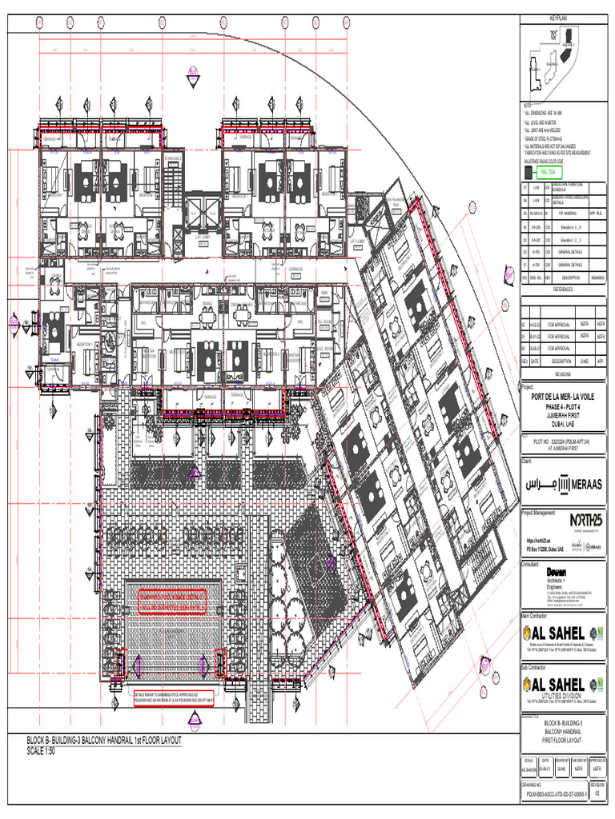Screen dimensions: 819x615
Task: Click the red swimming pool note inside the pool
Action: tap(172, 600)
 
